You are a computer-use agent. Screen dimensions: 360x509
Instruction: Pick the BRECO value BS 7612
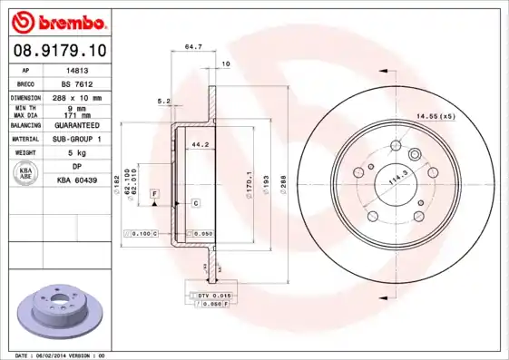click(x=79, y=83)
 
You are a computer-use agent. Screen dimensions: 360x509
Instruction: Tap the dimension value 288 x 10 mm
click(x=79, y=96)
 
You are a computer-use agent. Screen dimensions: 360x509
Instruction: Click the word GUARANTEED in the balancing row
click(x=79, y=124)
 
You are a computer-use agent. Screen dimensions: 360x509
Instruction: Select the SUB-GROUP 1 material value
click(x=79, y=139)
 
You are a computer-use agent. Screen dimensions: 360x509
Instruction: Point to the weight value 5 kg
click(x=79, y=153)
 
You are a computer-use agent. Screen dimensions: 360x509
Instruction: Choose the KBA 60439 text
click(x=79, y=181)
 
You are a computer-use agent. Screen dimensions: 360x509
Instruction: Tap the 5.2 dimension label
click(x=164, y=101)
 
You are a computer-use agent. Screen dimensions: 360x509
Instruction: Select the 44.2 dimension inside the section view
click(x=200, y=143)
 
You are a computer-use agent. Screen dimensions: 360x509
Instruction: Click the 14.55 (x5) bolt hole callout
click(x=436, y=116)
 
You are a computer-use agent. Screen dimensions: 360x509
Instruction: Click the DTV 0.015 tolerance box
click(x=215, y=296)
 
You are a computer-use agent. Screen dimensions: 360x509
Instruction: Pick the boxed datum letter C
click(x=195, y=204)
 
